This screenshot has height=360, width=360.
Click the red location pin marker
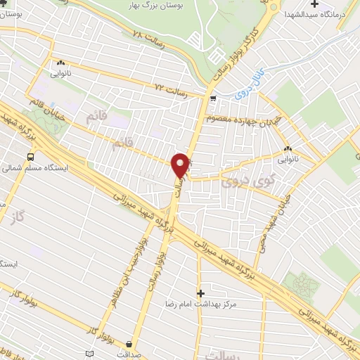(181, 165)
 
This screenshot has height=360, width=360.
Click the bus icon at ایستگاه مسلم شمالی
(31, 157)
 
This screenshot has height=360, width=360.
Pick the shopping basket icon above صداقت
(129, 344)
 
